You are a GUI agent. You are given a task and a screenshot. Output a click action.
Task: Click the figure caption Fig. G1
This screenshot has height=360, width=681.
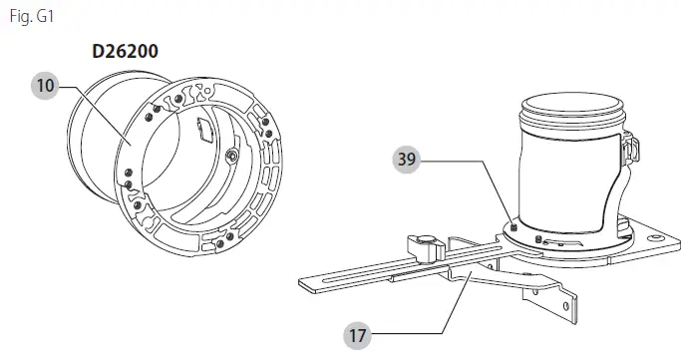point(32,17)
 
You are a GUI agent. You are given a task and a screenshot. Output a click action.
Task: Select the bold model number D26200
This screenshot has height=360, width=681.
point(125,51)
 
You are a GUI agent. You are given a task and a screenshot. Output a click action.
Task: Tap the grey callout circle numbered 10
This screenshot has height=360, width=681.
point(45,86)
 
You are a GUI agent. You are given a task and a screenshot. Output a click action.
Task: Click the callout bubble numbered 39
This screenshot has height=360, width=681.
point(407,160)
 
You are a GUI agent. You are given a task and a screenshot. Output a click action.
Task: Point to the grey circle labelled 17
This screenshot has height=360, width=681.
point(357,336)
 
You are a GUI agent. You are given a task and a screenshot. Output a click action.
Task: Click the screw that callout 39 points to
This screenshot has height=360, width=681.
point(514,228)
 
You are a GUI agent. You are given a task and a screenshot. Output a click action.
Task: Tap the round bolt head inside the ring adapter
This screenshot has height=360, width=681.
point(233,156)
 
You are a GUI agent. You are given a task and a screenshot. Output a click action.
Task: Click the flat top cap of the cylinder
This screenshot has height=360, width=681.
point(572,105)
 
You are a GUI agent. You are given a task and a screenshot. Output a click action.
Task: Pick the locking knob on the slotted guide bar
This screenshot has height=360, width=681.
point(426,247)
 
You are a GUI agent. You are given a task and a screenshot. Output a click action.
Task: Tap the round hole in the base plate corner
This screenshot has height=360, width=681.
point(654,238)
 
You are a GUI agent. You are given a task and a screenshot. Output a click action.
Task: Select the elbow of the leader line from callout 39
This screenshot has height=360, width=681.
point(483,162)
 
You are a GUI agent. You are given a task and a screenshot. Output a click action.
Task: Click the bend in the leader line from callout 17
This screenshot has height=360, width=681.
point(442,333)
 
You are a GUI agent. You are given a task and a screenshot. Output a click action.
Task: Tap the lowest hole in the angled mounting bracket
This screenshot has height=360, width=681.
point(566,306)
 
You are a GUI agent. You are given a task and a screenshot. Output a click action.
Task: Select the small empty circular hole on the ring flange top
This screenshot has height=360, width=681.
point(208,91)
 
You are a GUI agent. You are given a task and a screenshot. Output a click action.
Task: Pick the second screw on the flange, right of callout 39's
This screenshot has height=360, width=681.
point(538,238)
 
